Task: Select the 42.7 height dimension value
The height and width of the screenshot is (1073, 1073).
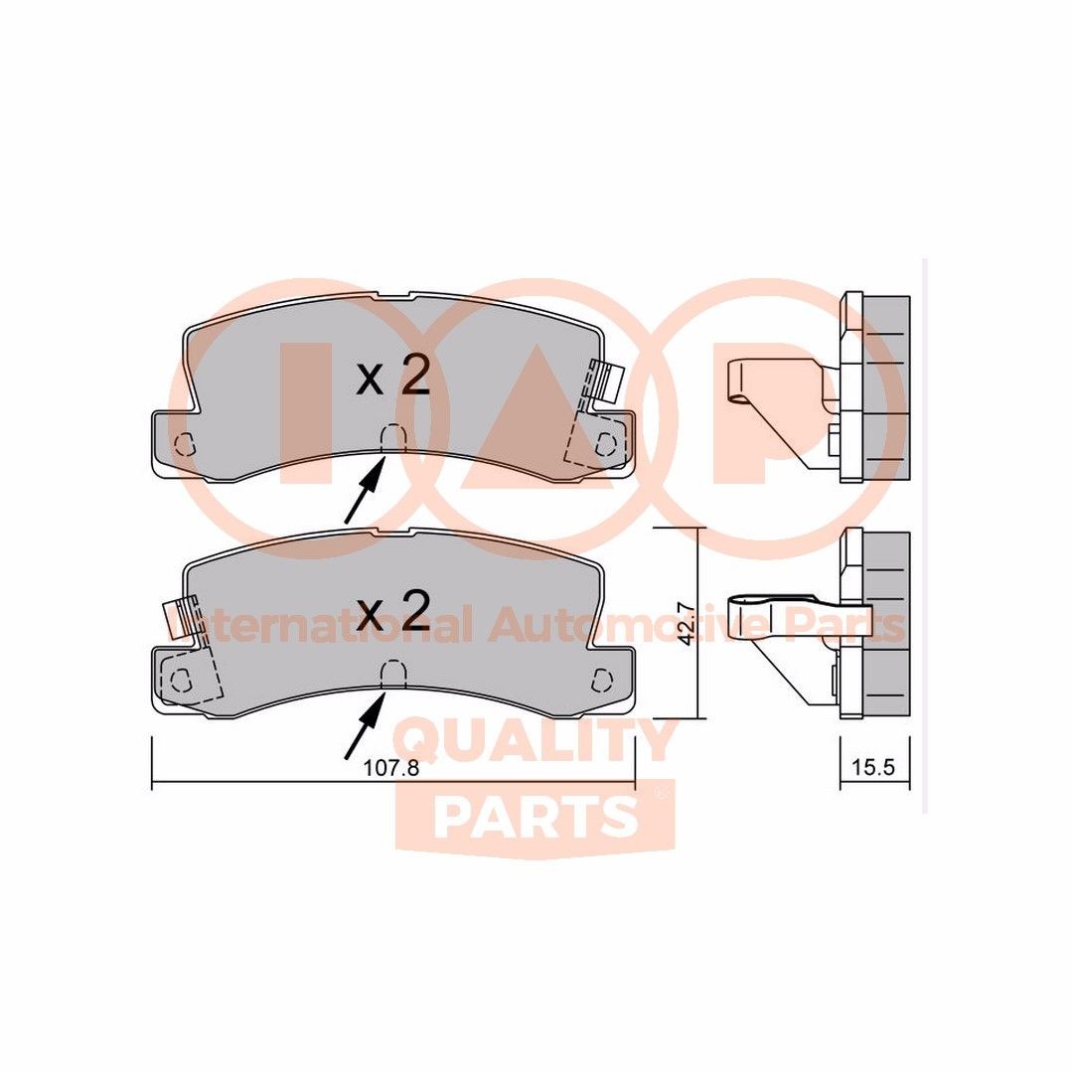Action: point(684,623)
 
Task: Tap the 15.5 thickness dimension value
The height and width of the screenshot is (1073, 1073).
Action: point(874,768)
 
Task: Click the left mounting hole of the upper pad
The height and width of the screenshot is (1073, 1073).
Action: point(183,444)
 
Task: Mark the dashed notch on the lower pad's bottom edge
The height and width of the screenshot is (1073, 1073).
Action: point(394,674)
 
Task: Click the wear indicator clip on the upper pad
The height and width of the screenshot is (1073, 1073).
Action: point(605,383)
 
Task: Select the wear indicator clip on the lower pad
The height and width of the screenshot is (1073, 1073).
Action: point(180,618)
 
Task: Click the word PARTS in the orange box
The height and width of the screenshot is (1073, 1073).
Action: point(536,817)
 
